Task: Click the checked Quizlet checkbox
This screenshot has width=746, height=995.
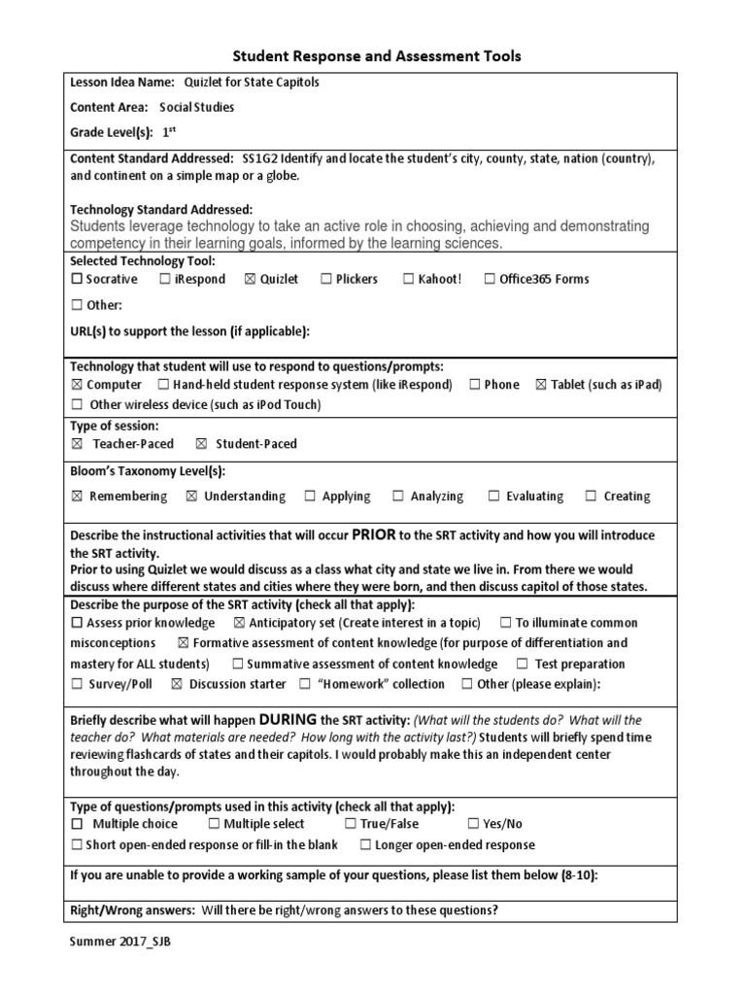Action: [251, 280]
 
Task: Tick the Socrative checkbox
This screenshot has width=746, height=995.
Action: [77, 280]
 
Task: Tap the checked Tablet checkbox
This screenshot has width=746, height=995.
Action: [541, 385]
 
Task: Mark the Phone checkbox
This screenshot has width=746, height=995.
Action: [474, 385]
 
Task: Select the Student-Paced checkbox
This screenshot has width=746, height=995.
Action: [201, 444]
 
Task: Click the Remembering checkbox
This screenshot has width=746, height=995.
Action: [77, 497]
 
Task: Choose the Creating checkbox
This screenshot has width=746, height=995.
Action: [591, 497]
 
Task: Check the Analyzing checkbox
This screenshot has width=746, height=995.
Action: [398, 497]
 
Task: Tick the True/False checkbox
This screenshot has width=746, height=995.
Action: [351, 824]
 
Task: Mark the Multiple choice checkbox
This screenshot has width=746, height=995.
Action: [77, 824]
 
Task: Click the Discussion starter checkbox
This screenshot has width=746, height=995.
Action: [176, 684]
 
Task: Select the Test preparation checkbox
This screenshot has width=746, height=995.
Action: [522, 665]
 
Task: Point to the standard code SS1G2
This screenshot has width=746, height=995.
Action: [259, 158]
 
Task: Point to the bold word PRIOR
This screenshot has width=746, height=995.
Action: [374, 534]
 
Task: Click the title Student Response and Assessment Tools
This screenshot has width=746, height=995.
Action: [375, 56]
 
